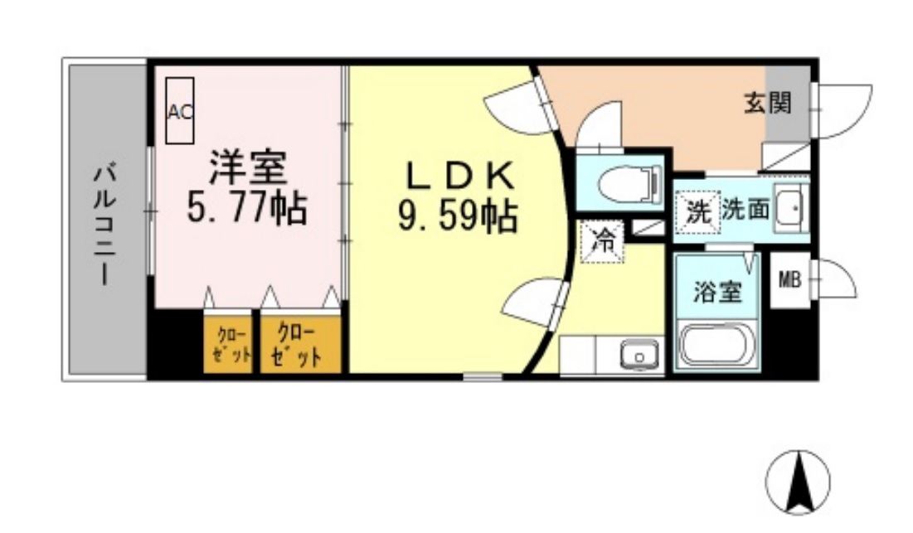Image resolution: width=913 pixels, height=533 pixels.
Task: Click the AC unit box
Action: click(179, 110)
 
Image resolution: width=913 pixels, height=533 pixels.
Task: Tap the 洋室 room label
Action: click(248, 167)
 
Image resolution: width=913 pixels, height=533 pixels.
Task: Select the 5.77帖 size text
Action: click(247, 208)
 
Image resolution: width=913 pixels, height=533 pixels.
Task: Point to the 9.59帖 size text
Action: click(458, 216)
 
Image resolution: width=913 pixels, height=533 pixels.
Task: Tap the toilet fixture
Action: click(630, 185)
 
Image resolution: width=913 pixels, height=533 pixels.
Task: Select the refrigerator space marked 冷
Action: click(602, 241)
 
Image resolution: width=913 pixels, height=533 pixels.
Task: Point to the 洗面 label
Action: click(746, 208)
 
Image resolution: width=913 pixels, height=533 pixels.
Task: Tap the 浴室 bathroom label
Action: click(717, 291)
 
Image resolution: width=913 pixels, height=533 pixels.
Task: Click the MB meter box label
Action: click(789, 280)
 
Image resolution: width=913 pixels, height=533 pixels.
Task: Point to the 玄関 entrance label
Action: click(768, 104)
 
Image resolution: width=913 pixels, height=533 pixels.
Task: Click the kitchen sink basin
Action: click(639, 354)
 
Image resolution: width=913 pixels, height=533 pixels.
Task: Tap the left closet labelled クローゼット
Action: click(228, 345)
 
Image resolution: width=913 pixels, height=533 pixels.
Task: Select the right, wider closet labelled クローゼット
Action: click(300, 345)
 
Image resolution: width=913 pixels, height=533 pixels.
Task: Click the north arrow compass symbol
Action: click(798, 482)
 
